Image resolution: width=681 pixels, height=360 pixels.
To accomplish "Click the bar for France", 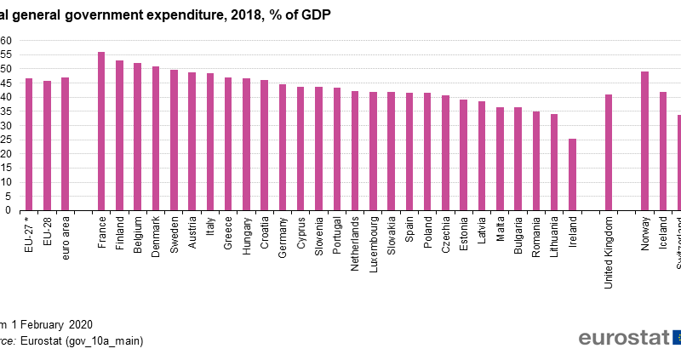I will pos(101,131).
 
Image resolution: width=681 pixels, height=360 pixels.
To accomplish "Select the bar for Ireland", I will pos(572,174).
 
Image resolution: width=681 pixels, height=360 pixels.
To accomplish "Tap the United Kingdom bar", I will pos(609,152).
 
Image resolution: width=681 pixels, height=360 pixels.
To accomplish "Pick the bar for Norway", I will pos(644,140).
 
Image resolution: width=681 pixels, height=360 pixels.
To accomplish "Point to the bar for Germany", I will pos(283,147).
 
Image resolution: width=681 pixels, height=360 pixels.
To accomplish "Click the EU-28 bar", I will pos(47,146).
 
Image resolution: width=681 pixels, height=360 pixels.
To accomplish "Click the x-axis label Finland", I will pos(120,232).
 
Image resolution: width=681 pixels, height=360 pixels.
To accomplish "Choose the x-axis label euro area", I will pos(66,236).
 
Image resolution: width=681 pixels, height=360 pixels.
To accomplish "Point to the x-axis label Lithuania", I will pos(555,235).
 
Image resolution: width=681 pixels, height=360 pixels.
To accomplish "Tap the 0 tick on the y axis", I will pos(6,210).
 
